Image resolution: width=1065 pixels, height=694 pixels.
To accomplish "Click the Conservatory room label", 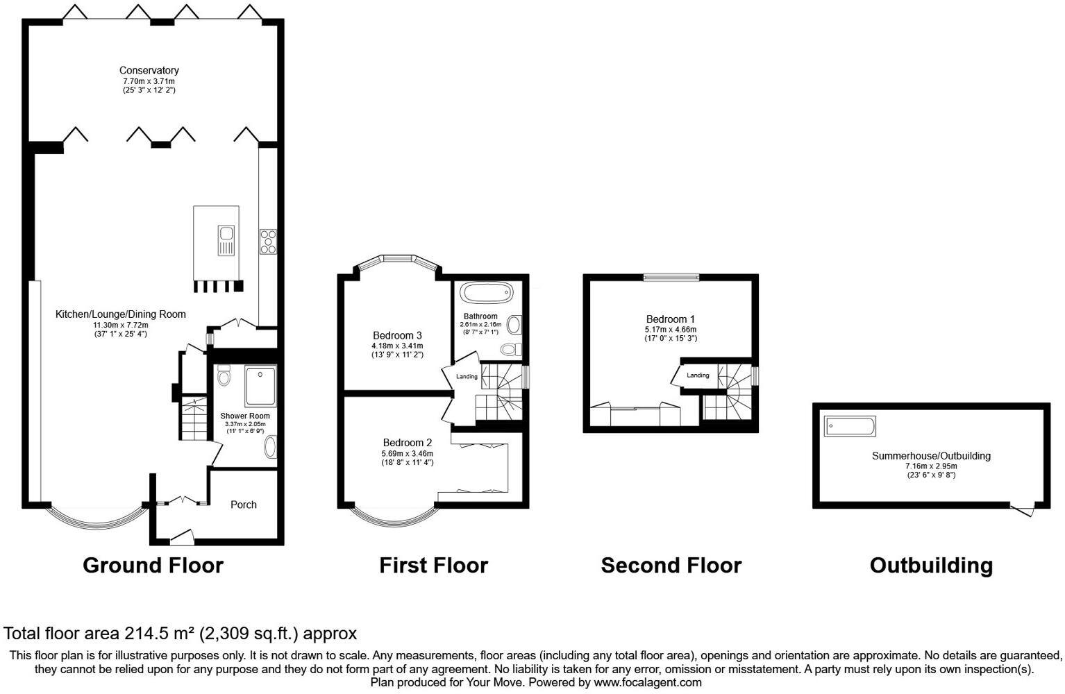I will click(149, 70).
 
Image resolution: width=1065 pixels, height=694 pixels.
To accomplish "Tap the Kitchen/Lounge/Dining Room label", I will click(121, 314).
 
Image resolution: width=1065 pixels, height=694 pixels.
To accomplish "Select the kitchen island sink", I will click(226, 241).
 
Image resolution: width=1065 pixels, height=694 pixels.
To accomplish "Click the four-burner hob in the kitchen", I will click(268, 241).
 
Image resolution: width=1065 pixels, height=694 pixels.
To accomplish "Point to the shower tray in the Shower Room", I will click(260, 387).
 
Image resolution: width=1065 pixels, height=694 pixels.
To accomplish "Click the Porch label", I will click(243, 505).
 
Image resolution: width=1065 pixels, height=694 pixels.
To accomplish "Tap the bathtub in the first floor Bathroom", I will click(487, 292).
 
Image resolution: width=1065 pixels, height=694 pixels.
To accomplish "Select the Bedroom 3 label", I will click(397, 335).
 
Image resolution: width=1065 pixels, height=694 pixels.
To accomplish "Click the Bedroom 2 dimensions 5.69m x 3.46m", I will click(407, 453).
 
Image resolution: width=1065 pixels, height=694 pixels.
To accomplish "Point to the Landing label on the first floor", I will click(467, 377).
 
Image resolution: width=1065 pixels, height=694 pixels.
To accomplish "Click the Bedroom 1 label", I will click(670, 319).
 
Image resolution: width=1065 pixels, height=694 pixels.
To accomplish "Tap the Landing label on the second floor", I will click(698, 375).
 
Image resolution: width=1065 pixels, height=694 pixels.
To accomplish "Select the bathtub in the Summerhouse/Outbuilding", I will click(850, 426).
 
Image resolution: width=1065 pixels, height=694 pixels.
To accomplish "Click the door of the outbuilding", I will click(1023, 511).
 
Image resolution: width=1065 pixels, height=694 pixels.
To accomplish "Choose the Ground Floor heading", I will click(153, 566).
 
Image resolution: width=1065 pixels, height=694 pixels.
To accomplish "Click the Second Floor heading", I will click(671, 566).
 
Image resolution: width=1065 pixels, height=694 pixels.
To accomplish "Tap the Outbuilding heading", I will click(930, 566).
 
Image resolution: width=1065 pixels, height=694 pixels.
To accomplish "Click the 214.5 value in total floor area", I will click(142, 633).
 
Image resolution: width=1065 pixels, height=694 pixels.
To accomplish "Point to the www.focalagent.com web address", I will click(648, 683).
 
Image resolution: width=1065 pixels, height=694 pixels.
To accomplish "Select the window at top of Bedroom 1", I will click(671, 278).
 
